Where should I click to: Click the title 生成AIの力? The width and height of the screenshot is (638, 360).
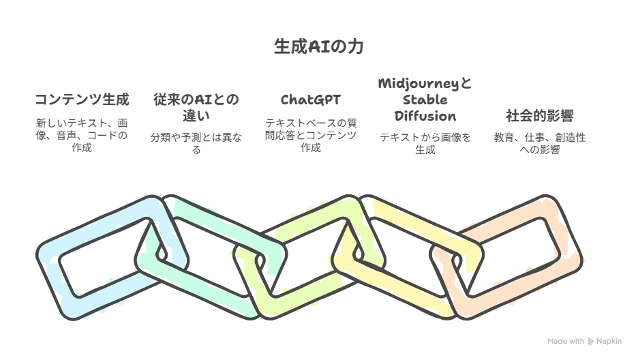318,46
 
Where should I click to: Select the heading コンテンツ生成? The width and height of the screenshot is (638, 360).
82,100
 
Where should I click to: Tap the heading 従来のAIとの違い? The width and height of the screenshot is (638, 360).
196,108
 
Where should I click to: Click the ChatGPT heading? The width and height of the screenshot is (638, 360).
310,100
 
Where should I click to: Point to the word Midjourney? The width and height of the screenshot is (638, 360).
419,84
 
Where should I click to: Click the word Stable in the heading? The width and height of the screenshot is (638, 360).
425,100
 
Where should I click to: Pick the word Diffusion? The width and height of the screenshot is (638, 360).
425,116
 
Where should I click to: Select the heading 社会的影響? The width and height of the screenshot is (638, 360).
540,116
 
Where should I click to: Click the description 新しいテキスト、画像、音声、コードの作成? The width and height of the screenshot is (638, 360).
82,135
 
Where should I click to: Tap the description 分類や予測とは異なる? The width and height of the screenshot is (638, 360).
196,143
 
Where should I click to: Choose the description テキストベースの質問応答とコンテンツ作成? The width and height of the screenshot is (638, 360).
310,135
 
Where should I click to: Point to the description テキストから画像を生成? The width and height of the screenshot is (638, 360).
425,143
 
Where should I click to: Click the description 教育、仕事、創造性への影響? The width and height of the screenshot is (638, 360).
540,143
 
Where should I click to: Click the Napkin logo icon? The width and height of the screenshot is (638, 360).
590,342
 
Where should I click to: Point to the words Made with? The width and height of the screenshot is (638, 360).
566,342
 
